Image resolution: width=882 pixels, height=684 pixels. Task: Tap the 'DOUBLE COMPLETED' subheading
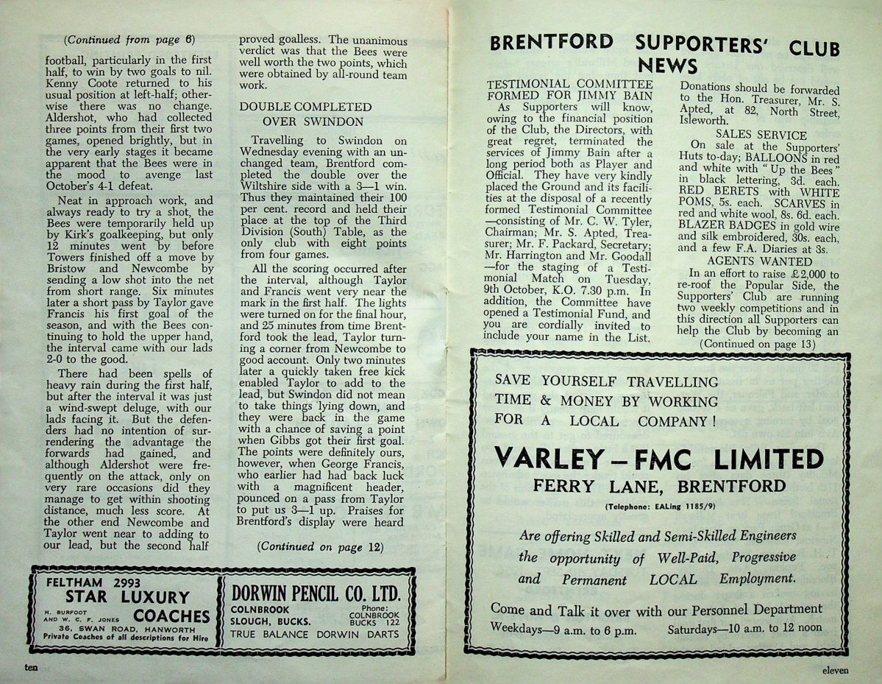(305, 107)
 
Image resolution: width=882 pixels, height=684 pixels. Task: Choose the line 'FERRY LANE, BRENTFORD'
(659, 487)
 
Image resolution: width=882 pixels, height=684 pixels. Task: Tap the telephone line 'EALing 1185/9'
(659, 507)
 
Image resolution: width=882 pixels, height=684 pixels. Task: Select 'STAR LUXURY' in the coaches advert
(127, 597)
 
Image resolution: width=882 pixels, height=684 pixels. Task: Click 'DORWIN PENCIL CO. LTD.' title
(316, 594)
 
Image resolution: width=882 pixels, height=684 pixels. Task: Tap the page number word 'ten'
(31, 667)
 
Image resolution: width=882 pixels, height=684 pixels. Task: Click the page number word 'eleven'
(836, 669)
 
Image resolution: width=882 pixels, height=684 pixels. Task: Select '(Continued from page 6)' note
(129, 39)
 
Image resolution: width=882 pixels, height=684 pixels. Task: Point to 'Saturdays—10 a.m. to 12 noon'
(744, 630)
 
